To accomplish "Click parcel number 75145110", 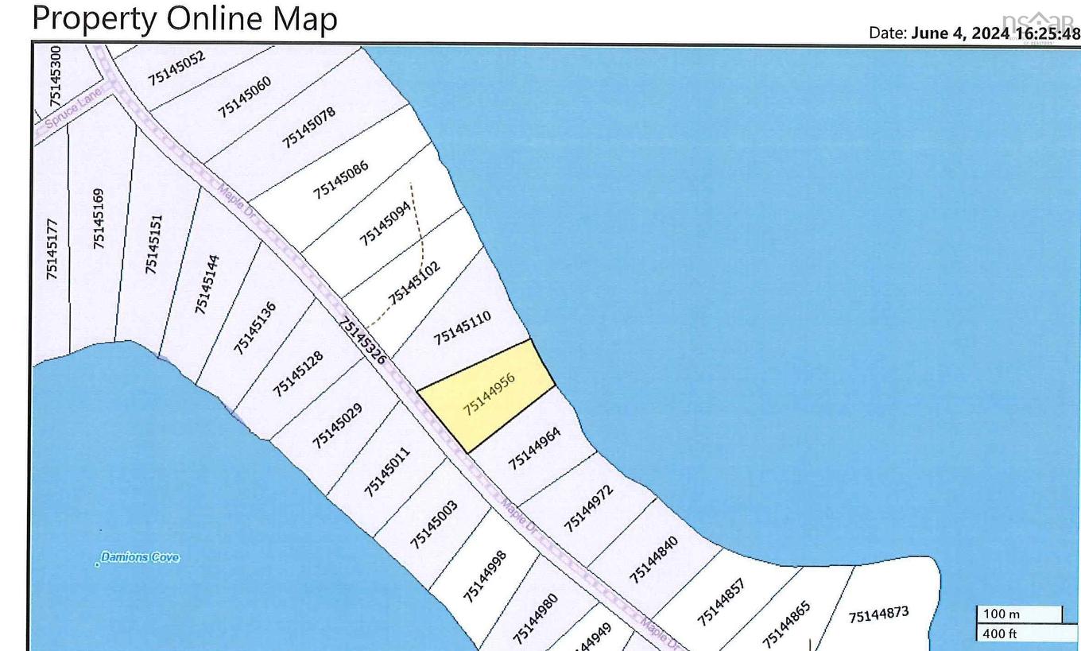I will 462,327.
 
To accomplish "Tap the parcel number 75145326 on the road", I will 362,340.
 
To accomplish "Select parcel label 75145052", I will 176,68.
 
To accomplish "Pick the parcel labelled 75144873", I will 878,614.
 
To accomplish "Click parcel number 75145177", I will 52,249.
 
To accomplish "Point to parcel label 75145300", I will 55,76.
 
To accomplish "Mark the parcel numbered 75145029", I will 337,425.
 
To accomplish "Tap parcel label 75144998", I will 484,575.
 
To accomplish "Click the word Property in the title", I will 94,17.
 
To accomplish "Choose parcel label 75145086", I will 340,175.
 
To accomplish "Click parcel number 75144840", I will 653,559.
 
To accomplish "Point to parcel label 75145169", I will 99,218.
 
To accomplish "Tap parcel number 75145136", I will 254,327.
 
